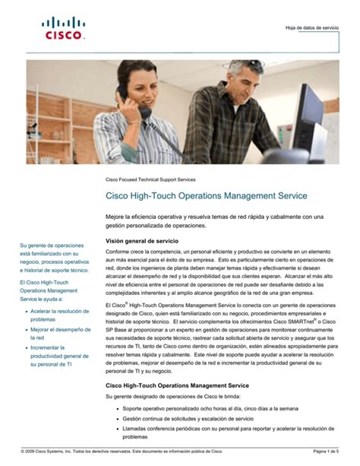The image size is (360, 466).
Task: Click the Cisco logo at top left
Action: [x=63, y=28]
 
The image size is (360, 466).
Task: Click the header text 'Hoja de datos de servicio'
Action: [x=311, y=27]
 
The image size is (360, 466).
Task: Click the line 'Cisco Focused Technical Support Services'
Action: [x=150, y=179]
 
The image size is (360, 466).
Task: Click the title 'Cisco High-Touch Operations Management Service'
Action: [x=206, y=196]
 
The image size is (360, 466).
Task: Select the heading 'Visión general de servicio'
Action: [x=141, y=241]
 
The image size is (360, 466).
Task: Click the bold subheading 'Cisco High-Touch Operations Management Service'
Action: [x=177, y=386]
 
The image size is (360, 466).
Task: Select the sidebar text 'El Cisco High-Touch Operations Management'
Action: [x=49, y=290]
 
